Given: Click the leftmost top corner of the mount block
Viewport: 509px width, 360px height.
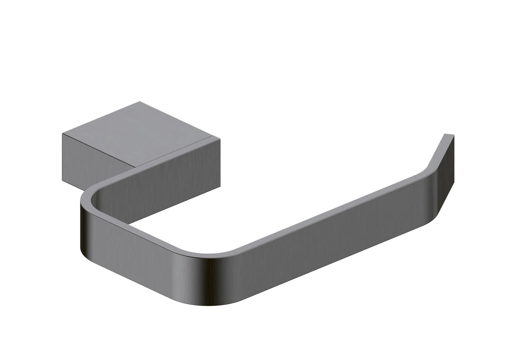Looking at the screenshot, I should [x=63, y=134].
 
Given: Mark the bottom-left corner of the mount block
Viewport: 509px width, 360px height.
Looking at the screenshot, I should [x=63, y=181].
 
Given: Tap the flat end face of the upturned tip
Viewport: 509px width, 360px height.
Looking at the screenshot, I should [x=449, y=135].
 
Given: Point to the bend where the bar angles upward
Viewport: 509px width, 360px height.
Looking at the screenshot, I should [x=428, y=170].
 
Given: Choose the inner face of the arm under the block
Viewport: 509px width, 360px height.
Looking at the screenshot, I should [x=168, y=189].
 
